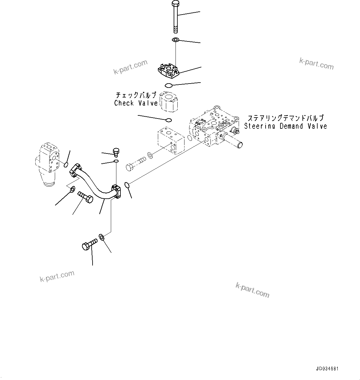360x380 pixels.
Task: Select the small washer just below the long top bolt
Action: (x=175, y=40)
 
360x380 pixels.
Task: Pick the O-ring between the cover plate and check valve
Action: (x=169, y=85)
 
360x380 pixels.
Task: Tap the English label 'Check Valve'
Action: (x=136, y=103)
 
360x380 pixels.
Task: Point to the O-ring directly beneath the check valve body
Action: (x=169, y=120)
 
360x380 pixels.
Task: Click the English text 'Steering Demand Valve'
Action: (x=285, y=126)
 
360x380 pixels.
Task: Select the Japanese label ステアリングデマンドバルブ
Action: (x=285, y=118)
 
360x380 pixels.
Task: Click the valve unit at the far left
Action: (x=48, y=164)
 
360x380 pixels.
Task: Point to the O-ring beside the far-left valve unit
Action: (x=66, y=165)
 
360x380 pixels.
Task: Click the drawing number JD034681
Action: (x=327, y=369)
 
